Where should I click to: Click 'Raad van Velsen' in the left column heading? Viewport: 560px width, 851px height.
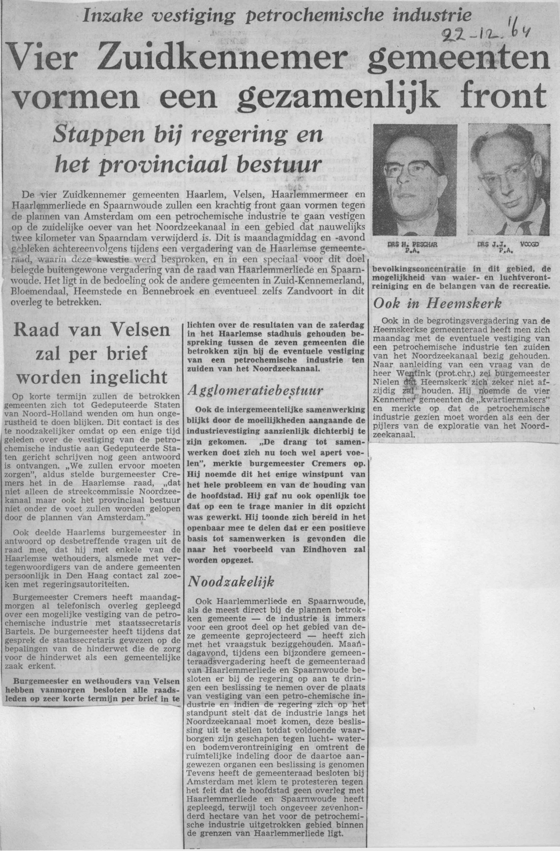(x=91, y=331)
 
